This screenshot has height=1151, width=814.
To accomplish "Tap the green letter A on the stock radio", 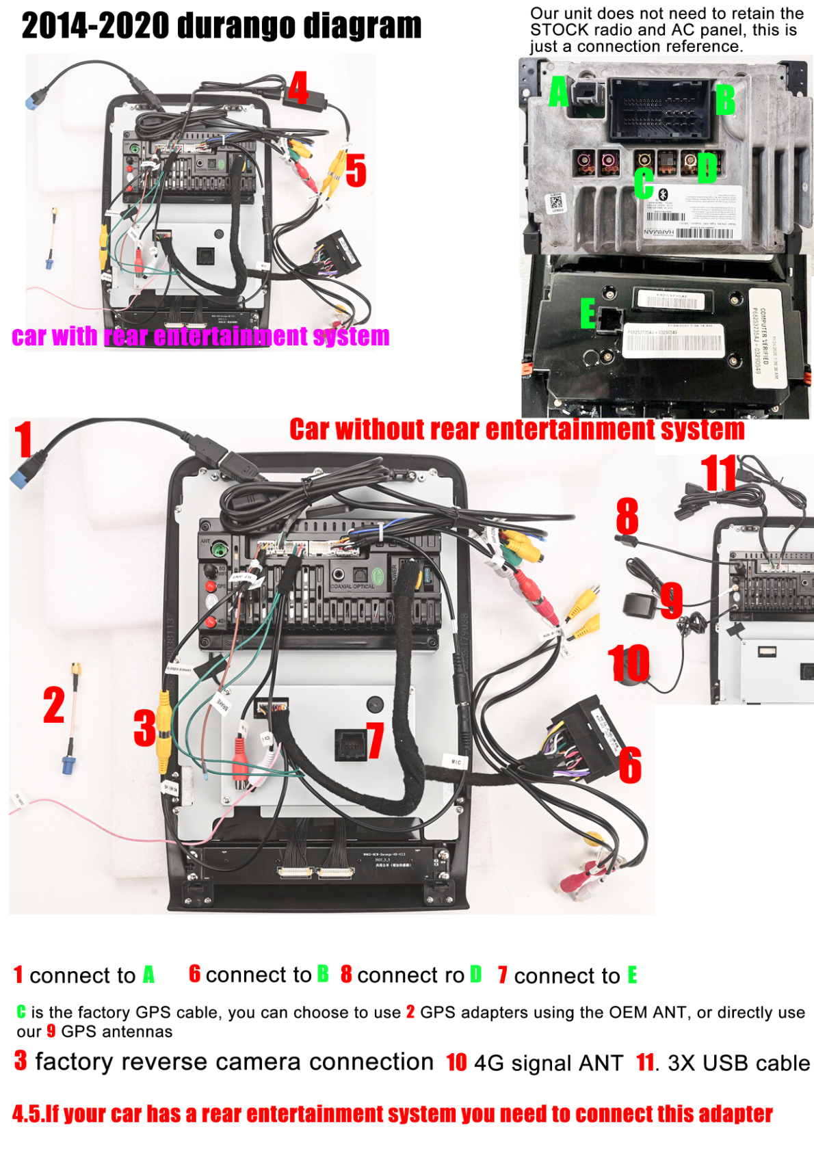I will pyautogui.click(x=558, y=92).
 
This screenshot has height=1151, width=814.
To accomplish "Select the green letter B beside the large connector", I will pyautogui.click(x=724, y=100).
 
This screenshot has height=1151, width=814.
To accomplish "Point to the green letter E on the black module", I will pyautogui.click(x=588, y=314).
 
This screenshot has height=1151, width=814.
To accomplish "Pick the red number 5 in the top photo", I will pyautogui.click(x=356, y=170).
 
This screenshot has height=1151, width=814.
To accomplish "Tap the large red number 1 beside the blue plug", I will pyautogui.click(x=24, y=439).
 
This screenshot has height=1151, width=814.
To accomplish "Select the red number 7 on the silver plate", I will pyautogui.click(x=375, y=740).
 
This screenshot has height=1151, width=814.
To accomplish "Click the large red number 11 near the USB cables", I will pyautogui.click(x=718, y=473).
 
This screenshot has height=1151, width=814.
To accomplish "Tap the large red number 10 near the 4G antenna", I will pyautogui.click(x=629, y=663).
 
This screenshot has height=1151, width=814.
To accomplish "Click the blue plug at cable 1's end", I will pyautogui.click(x=21, y=477).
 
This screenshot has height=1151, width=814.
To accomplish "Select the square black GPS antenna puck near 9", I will pyautogui.click(x=635, y=605).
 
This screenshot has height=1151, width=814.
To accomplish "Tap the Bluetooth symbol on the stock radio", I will pyautogui.click(x=662, y=194).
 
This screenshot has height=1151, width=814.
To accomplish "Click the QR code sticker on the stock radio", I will pyautogui.click(x=555, y=202).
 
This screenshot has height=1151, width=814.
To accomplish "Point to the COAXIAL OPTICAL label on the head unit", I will pyautogui.click(x=352, y=587).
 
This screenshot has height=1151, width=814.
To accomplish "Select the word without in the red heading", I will pyautogui.click(x=380, y=429).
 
